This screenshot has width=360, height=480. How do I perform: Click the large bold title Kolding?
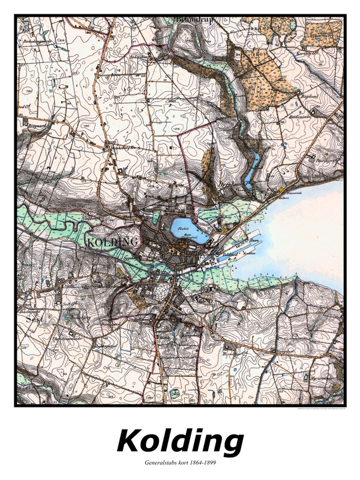[180, 442]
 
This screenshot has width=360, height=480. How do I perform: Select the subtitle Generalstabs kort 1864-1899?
[180, 463]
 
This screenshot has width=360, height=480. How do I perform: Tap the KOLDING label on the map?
[113, 242]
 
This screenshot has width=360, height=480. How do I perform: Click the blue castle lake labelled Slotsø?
[190, 230]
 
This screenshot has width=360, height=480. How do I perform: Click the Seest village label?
[32, 319]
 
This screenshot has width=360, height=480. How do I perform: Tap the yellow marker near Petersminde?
[280, 190]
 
